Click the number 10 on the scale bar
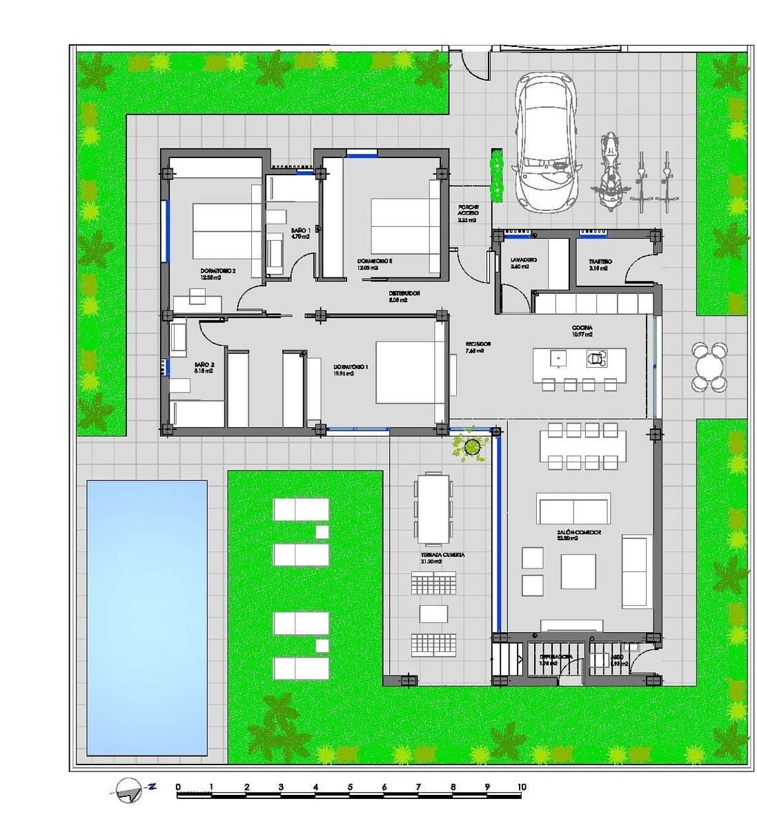tap(521, 787)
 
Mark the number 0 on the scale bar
tap(178, 787)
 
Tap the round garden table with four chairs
tap(709, 366)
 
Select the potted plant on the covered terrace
tap(471, 446)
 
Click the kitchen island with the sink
tap(579, 359)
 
